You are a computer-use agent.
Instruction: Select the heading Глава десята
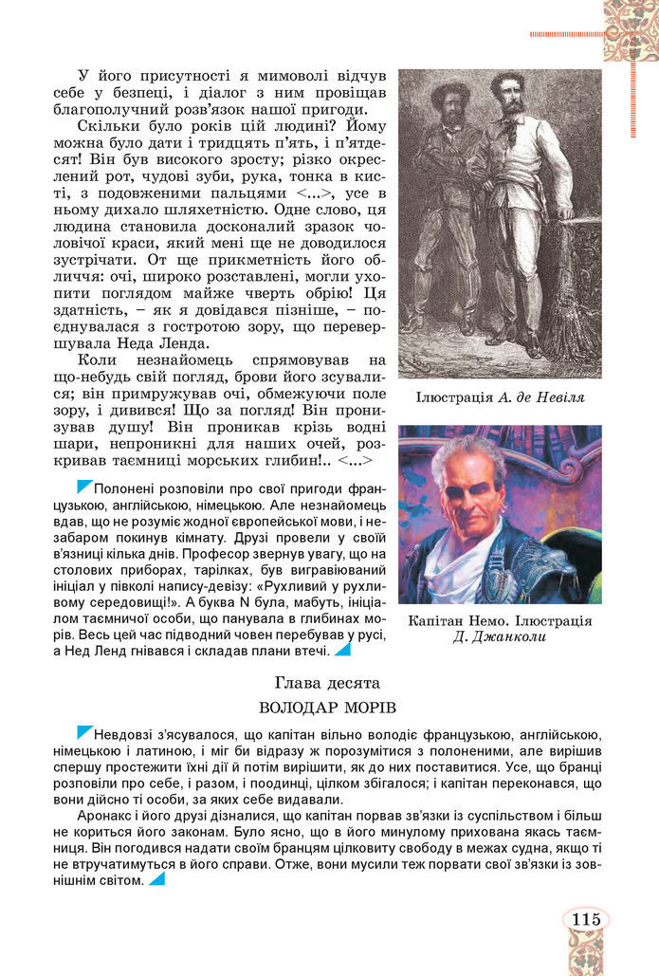pos(327,682)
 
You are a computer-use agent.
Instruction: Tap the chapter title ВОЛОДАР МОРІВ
pos(327,708)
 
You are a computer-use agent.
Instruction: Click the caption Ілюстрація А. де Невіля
pos(500,397)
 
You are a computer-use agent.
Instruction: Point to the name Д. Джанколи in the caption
pos(500,636)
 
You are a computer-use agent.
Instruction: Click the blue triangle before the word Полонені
pos(84,487)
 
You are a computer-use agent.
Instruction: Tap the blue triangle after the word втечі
pos(342,650)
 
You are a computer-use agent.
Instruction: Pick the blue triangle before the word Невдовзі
pos(84,732)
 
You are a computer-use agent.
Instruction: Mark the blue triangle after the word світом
pos(156,878)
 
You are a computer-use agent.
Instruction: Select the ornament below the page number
pos(585,953)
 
